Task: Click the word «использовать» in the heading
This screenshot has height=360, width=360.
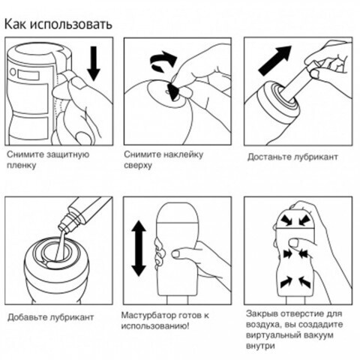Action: click(71, 25)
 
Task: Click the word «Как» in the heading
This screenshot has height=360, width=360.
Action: click(16, 24)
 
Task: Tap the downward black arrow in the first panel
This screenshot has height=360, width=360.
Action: click(94, 64)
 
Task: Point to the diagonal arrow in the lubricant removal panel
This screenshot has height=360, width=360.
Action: click(275, 60)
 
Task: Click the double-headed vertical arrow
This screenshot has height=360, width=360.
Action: click(139, 249)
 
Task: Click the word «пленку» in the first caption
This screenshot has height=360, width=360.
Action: click(21, 166)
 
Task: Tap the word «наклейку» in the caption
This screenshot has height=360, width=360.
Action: click(183, 154)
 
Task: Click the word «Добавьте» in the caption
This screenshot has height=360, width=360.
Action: click(27, 317)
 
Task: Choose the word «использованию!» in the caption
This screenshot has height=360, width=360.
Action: click(155, 326)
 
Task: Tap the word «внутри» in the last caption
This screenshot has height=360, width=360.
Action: click(260, 346)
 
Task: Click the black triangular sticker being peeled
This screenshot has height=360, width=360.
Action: click(174, 91)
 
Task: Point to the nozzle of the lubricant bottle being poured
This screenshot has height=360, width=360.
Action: click(65, 223)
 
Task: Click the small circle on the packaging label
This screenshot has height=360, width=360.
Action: click(13, 72)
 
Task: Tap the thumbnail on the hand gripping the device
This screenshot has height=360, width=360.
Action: click(176, 254)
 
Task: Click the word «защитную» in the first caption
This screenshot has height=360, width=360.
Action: click(67, 154)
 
